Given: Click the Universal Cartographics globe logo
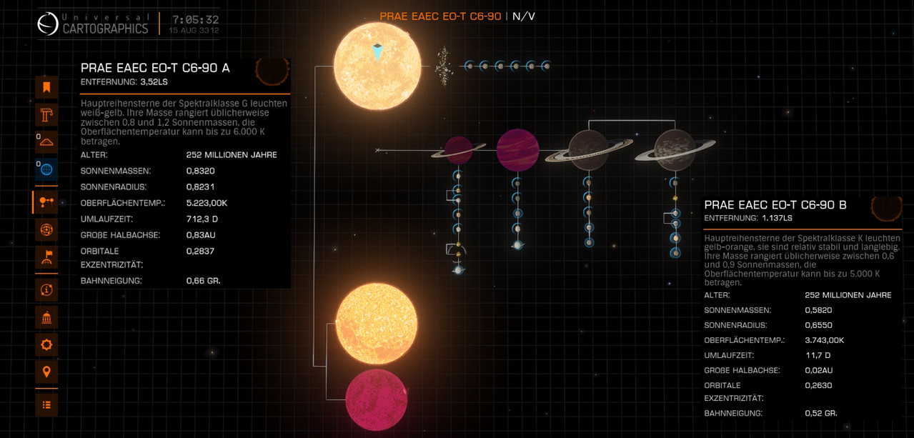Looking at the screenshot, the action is click(48, 24).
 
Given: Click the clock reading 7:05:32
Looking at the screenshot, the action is click(196, 19).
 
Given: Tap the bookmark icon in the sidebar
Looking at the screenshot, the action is click(46, 87).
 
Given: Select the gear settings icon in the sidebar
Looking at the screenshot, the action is click(46, 344).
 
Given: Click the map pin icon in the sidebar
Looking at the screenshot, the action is click(46, 372).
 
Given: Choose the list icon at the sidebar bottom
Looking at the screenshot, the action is click(46, 404).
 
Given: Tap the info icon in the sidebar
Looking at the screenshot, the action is click(46, 290).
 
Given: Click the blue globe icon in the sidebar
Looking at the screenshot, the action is click(46, 169).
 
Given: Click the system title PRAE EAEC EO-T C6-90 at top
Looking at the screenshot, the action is click(440, 16).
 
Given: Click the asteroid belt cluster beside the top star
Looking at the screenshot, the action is click(444, 66).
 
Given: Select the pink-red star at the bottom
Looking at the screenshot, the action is click(376, 400).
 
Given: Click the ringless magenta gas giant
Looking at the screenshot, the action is click(517, 150).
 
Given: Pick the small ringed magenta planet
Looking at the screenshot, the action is click(459, 150).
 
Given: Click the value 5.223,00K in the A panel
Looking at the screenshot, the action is click(207, 203).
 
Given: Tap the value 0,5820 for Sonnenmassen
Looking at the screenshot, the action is click(818, 310).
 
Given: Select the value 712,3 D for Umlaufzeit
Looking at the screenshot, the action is click(202, 219).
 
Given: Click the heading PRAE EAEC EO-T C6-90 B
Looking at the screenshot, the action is click(775, 205).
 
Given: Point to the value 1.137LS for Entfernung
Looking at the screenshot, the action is click(777, 218).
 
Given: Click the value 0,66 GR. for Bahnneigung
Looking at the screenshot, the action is click(203, 281).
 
